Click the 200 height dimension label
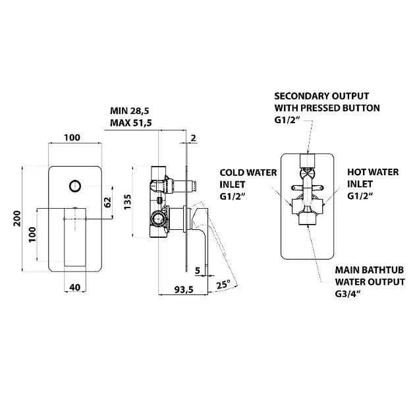(x=18, y=217)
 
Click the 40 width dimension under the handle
(x=74, y=287)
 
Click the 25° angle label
(x=223, y=285)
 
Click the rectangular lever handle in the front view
(x=74, y=234)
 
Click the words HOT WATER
(x=372, y=172)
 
